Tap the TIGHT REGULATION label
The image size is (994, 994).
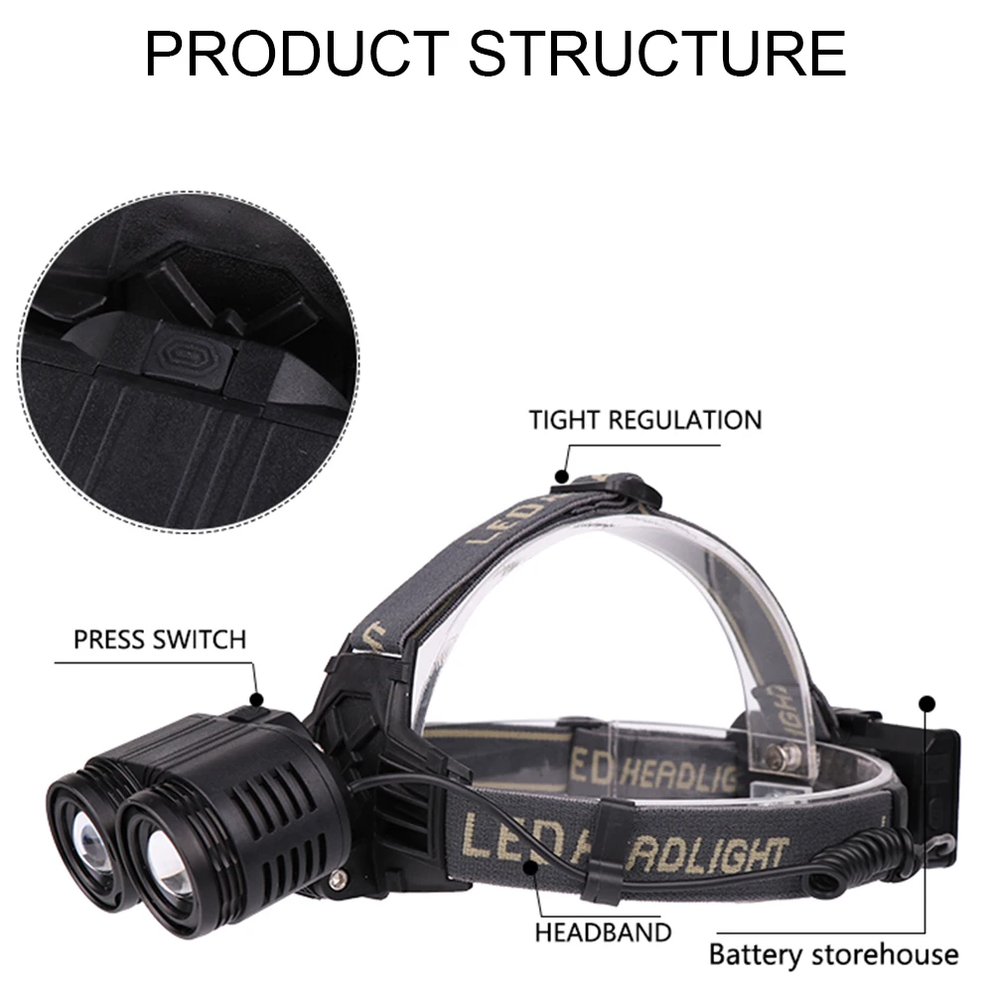644,419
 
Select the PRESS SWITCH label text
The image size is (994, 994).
159,639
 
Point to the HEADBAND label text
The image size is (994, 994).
603,932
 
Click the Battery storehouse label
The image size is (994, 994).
833,955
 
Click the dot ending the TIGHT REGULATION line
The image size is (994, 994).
563,477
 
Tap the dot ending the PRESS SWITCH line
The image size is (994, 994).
257,700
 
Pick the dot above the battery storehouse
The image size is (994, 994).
927,704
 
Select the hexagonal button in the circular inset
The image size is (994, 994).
185,353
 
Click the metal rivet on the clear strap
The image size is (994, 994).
785,758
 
